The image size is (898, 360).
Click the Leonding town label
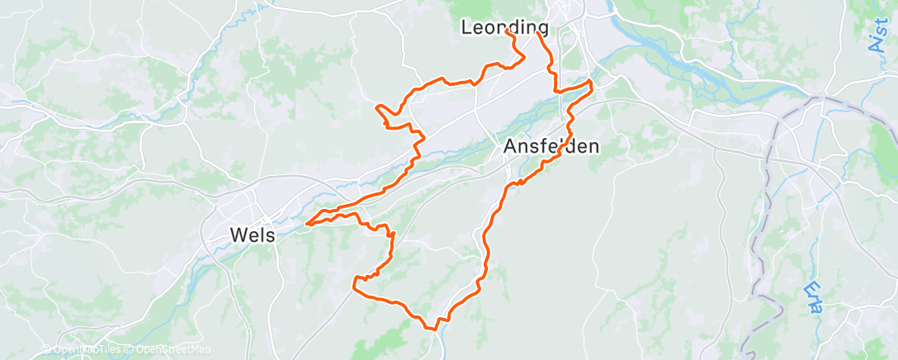[x=505, y=27]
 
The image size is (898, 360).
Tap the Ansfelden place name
[x=551, y=147]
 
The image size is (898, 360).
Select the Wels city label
[x=251, y=235]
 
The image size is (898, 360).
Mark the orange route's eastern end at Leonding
[x=538, y=34]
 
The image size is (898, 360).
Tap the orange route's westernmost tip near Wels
[x=306, y=222]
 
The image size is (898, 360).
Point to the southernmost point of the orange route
[x=432, y=329]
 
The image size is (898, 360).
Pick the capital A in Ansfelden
[x=510, y=147]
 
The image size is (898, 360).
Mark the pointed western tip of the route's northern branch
[x=376, y=107]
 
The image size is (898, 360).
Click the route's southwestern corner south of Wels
[x=354, y=285]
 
